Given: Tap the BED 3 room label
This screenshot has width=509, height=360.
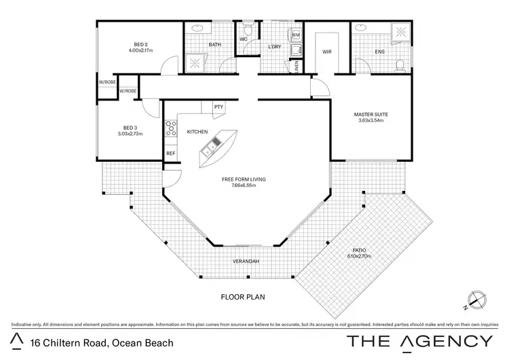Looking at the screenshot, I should (x=130, y=128).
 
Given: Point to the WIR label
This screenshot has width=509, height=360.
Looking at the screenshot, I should (x=326, y=52).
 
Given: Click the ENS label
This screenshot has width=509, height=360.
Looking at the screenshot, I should (x=380, y=52).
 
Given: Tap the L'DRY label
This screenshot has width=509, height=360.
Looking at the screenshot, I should (x=275, y=46).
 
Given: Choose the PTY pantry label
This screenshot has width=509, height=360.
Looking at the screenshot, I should (x=219, y=107).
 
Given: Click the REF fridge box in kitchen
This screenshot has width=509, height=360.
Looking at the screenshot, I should (x=171, y=154).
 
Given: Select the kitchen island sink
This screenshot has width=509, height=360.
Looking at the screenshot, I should (x=215, y=142).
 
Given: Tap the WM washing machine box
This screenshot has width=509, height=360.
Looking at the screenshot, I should (x=296, y=35).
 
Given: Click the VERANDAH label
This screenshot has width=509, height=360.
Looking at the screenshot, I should (x=246, y=261).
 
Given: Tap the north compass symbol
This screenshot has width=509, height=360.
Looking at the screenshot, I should (x=477, y=297).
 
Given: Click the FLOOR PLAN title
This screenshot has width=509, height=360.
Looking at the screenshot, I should (x=242, y=297).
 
